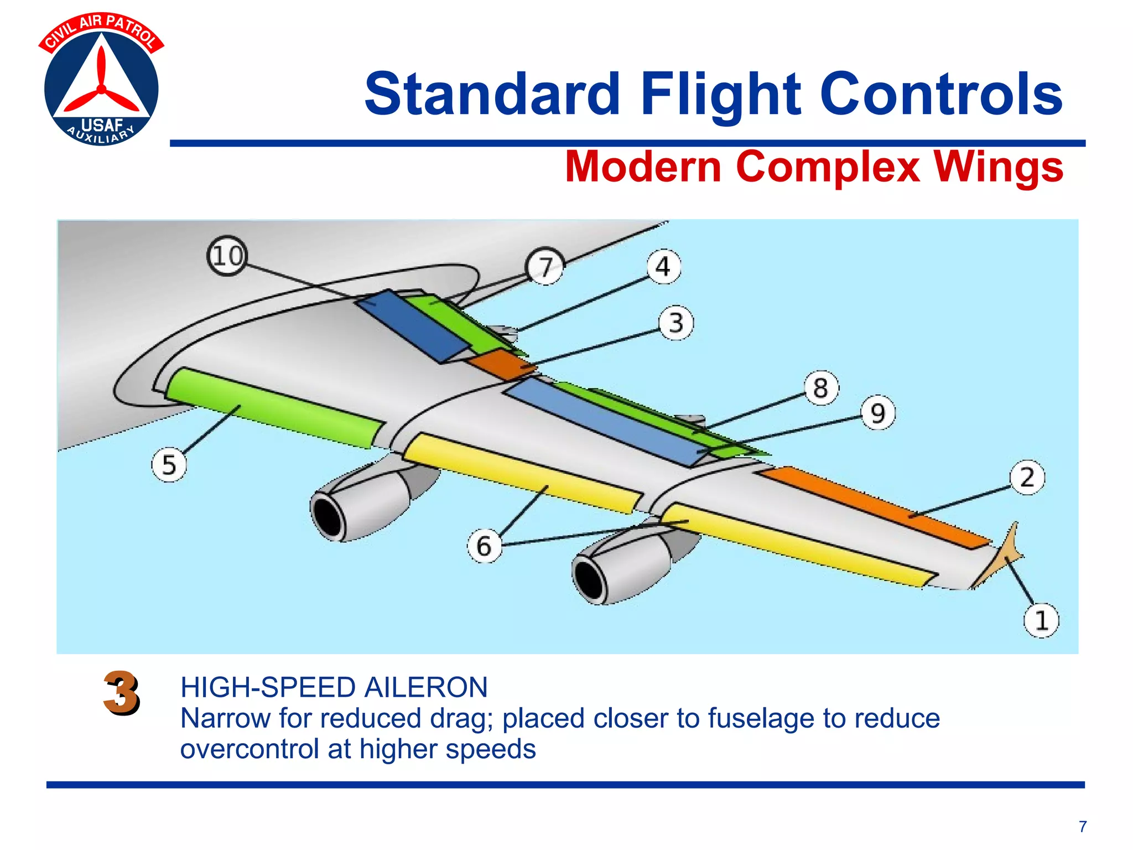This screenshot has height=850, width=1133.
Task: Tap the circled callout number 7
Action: click(x=545, y=267)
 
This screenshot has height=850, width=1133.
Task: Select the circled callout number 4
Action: click(x=663, y=267)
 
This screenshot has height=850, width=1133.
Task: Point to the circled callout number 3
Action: click(x=676, y=323)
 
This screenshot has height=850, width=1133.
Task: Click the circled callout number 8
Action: click(x=821, y=387)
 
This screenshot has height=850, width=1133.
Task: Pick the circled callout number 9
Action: click(x=878, y=413)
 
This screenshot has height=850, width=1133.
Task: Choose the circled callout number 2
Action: click(x=1027, y=477)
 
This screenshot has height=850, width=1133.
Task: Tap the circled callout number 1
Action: click(x=1041, y=620)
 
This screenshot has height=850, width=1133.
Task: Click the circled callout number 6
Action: click(x=484, y=546)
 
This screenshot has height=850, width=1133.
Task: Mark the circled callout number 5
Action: click(x=169, y=464)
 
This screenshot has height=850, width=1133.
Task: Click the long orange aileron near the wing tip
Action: click(x=874, y=506)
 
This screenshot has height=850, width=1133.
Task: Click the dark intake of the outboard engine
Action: click(x=590, y=579)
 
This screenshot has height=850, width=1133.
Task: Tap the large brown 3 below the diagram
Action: click(x=121, y=693)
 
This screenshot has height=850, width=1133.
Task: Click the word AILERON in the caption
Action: click(x=425, y=688)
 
